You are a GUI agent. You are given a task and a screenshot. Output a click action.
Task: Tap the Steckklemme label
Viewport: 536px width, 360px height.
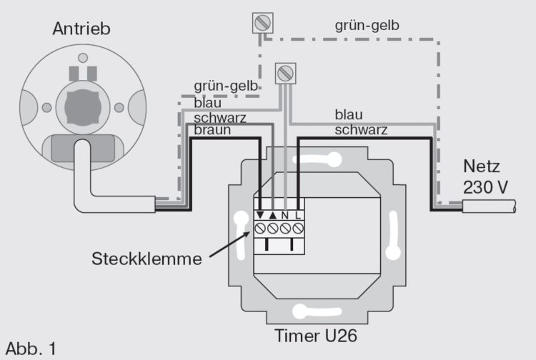[x=147, y=258]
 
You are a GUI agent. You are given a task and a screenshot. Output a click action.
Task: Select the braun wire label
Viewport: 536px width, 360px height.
[x=214, y=131]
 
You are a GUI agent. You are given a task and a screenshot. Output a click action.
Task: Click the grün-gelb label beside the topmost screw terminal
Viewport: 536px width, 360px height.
[x=367, y=26]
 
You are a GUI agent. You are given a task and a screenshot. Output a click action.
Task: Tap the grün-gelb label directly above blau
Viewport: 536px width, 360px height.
[x=226, y=87]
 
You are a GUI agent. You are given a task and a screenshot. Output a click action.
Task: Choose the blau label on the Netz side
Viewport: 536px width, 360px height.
[x=349, y=114]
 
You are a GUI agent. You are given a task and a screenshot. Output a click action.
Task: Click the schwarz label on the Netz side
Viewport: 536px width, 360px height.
[x=361, y=129]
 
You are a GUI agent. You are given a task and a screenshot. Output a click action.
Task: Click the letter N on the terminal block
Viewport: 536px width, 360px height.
[x=286, y=216]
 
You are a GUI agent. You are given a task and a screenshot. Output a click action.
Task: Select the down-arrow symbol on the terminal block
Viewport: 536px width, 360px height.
[x=262, y=216]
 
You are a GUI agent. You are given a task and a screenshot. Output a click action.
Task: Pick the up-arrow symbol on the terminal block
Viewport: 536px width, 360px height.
[x=274, y=216]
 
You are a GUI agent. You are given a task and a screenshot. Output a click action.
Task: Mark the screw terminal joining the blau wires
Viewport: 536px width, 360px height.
[x=285, y=72]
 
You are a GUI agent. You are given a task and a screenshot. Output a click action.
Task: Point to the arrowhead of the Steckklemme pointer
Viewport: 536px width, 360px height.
[x=248, y=231]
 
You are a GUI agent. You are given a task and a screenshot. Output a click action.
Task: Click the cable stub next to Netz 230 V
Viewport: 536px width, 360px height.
[x=493, y=207]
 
